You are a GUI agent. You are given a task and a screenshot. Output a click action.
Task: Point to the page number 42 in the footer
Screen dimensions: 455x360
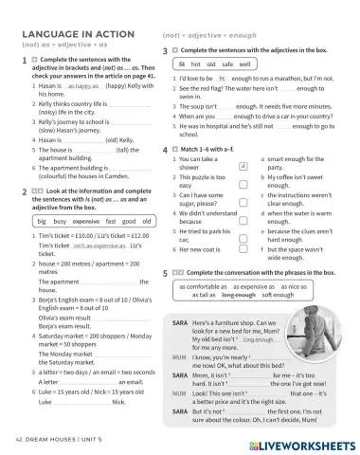click(21, 441)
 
